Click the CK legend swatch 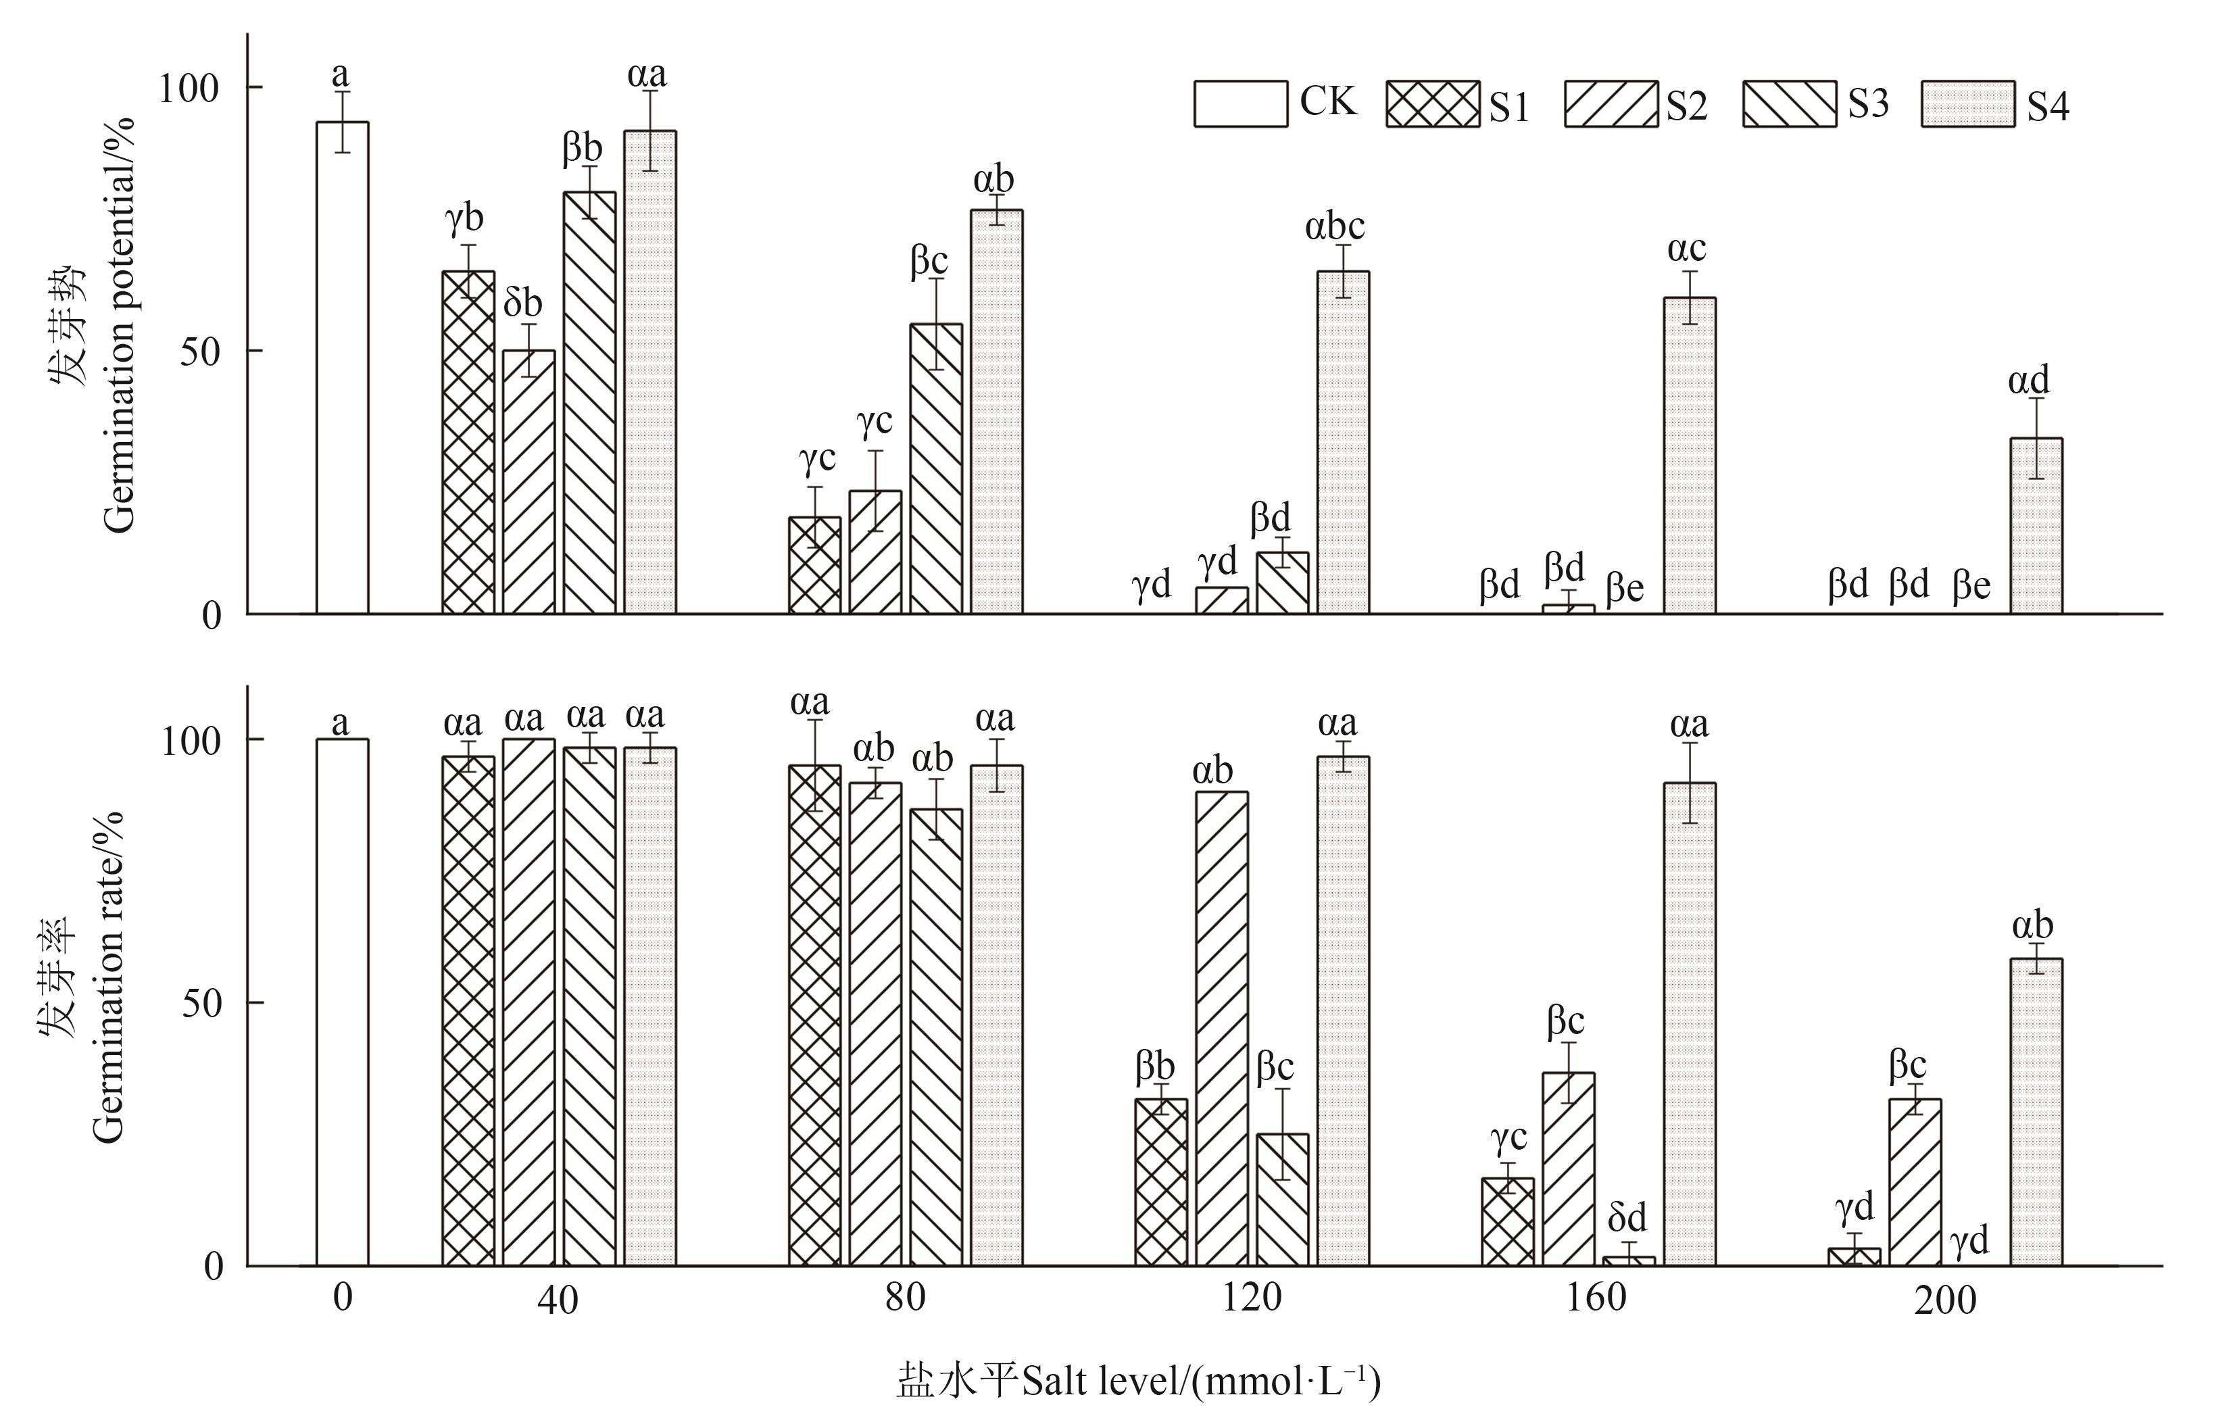[1240, 104]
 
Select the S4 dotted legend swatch [1967, 104]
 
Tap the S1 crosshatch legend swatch [1432, 104]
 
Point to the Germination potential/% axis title [119, 325]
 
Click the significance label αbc [1335, 227]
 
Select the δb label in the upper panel [522, 303]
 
